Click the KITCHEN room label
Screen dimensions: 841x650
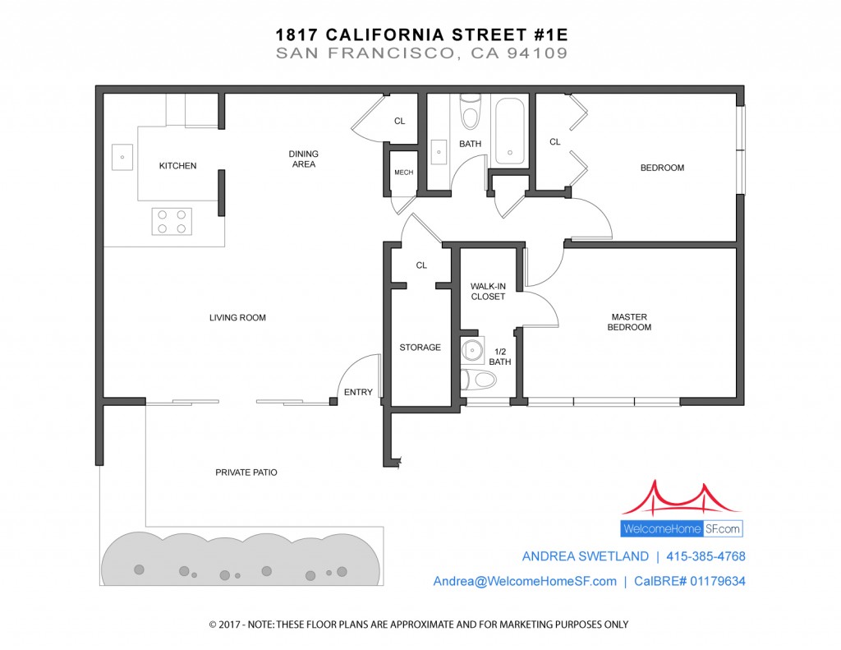177,166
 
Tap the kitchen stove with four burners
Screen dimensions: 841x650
172,221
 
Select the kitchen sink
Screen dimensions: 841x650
122,157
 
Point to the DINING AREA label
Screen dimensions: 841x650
304,159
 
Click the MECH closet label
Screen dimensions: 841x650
404,173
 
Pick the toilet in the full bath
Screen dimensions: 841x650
471,112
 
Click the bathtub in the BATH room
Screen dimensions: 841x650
509,131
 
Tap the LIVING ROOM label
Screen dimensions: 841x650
237,318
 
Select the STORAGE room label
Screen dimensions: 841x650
420,348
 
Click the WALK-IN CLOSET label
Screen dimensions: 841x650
488,292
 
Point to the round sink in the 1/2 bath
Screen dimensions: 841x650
472,351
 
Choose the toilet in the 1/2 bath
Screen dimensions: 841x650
478,380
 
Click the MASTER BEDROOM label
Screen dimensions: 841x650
629,322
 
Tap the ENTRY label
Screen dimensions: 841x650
358,392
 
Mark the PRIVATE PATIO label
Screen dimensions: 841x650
246,473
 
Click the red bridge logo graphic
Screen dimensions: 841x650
682,499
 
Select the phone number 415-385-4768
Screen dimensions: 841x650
705,556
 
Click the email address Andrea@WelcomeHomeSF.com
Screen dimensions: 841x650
525,581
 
